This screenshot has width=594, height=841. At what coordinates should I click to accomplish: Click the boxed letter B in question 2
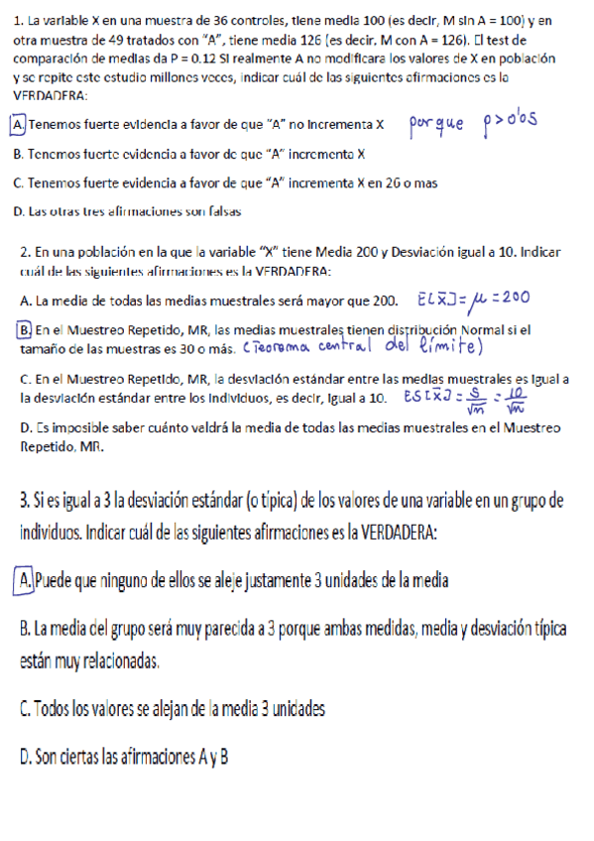click(x=24, y=329)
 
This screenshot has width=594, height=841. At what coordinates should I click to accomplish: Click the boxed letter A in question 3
click(x=26, y=579)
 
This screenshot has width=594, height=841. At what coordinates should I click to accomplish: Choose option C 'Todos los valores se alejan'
click(x=172, y=709)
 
